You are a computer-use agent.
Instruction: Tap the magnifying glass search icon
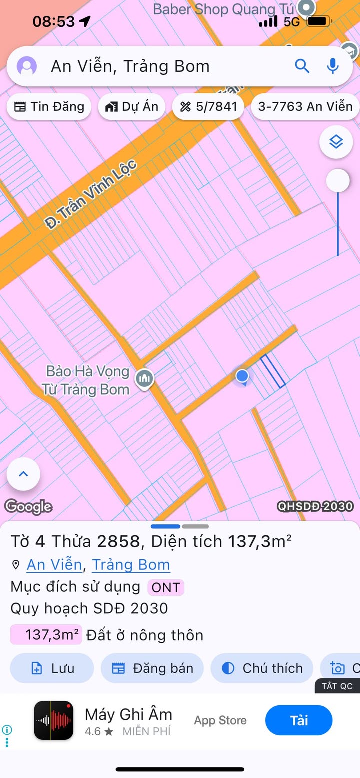(302, 66)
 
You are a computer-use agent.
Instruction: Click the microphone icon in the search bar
(333, 66)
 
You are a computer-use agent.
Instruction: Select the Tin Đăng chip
(49, 107)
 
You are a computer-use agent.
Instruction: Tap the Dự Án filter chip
(132, 107)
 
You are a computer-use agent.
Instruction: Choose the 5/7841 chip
(208, 107)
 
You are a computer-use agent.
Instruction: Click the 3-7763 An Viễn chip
(305, 107)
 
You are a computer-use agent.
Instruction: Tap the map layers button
(336, 142)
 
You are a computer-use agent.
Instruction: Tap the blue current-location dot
(242, 376)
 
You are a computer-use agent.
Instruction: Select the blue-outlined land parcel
(273, 371)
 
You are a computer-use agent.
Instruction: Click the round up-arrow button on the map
(23, 474)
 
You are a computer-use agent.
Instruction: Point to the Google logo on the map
(28, 507)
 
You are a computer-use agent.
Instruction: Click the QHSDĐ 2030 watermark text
(315, 506)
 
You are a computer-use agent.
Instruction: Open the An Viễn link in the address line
(54, 565)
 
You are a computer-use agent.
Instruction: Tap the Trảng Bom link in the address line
(131, 565)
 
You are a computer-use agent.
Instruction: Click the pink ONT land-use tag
(165, 588)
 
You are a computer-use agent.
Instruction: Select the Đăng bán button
(152, 668)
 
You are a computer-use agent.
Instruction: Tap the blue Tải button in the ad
(299, 720)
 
